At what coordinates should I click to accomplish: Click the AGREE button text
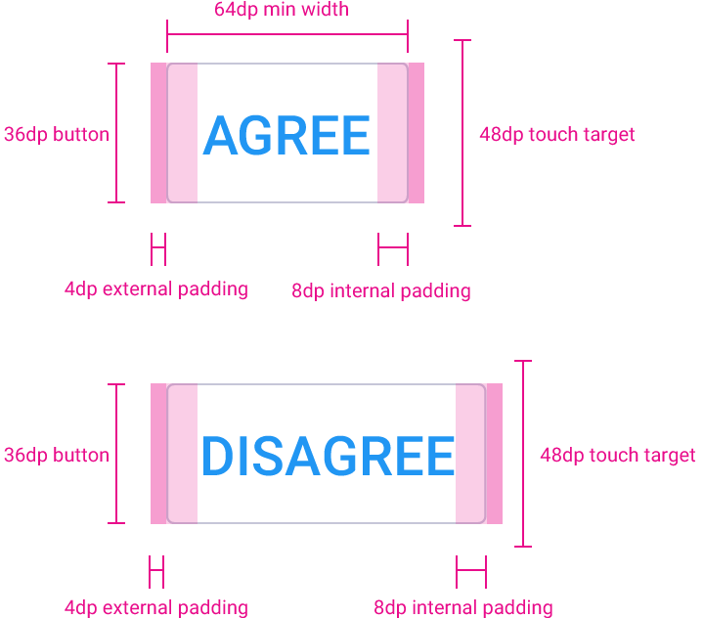(x=286, y=135)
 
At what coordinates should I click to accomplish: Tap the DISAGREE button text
(x=329, y=456)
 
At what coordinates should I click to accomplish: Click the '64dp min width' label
(x=282, y=10)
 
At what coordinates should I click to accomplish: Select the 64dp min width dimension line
(x=287, y=33)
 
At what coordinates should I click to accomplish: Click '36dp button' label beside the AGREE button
(x=57, y=134)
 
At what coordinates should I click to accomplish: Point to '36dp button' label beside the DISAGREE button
(x=57, y=455)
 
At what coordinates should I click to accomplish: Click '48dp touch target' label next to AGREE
(x=557, y=134)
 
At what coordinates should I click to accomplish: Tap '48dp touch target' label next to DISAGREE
(x=618, y=455)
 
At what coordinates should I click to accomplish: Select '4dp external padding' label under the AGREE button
(x=156, y=288)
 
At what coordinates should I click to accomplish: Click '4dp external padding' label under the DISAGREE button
(x=156, y=607)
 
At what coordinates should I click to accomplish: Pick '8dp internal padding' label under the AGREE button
(x=381, y=290)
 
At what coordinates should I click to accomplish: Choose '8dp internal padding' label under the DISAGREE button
(x=463, y=607)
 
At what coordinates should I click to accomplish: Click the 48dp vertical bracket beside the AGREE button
(x=462, y=133)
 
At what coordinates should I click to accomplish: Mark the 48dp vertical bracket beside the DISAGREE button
(x=523, y=454)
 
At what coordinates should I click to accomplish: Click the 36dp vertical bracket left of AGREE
(x=116, y=133)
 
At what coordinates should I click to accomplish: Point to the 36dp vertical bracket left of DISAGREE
(x=116, y=454)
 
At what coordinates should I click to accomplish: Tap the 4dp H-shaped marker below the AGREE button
(x=158, y=249)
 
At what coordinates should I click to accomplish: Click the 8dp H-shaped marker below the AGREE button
(x=393, y=249)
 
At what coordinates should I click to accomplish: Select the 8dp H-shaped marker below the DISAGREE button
(x=471, y=572)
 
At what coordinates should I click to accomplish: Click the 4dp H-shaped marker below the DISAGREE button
(x=156, y=572)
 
